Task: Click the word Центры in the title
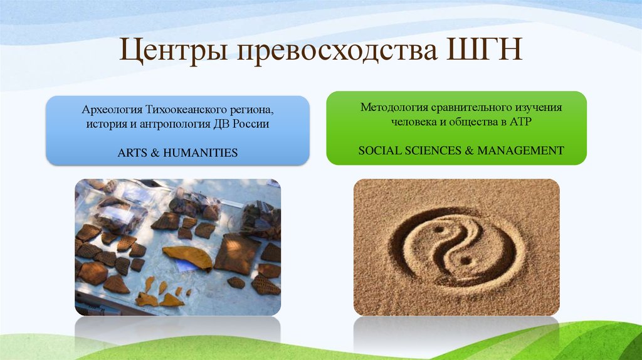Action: (x=169, y=51)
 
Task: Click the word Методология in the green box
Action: (x=389, y=107)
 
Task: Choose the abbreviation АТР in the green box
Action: (x=520, y=122)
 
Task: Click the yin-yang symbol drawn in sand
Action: (x=456, y=246)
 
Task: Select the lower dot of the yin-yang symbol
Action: (x=465, y=259)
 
